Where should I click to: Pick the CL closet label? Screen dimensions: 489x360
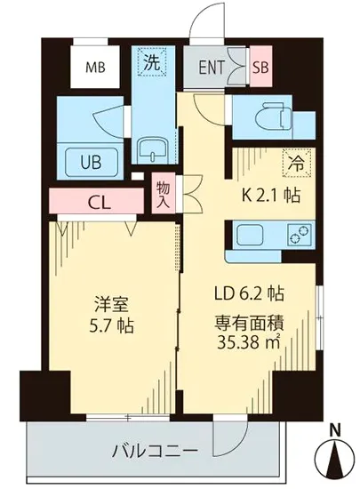coord(99,201)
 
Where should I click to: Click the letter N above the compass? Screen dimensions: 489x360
coord(335,432)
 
